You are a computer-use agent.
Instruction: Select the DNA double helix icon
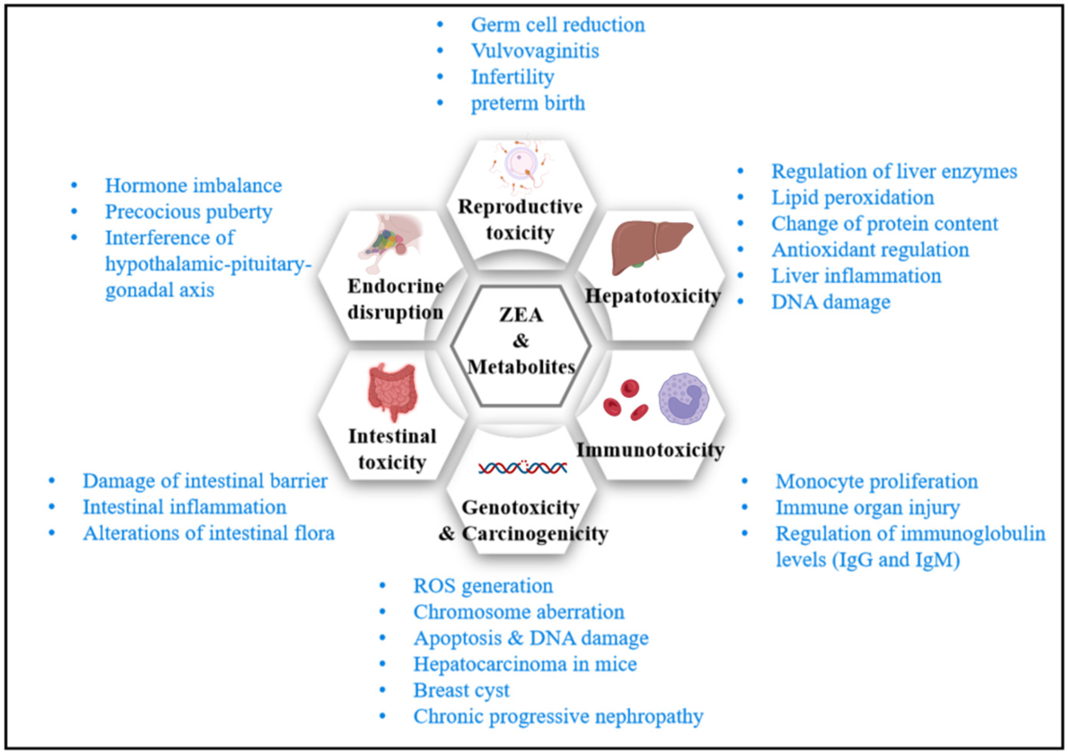[522, 467]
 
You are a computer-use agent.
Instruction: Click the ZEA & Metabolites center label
[521, 341]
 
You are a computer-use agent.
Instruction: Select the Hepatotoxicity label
[653, 296]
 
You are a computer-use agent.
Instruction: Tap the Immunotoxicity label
[650, 449]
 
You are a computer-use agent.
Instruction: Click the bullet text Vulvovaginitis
[534, 50]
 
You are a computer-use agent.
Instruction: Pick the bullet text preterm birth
[527, 103]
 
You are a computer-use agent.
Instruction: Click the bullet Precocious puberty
[188, 212]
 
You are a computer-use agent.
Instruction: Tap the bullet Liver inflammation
[856, 276]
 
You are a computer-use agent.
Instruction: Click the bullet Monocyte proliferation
[876, 481]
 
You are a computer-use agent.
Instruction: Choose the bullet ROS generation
[482, 586]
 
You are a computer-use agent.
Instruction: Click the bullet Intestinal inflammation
[184, 507]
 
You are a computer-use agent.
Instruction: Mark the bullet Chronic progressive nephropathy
[558, 716]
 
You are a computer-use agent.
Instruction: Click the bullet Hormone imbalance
[193, 185]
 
